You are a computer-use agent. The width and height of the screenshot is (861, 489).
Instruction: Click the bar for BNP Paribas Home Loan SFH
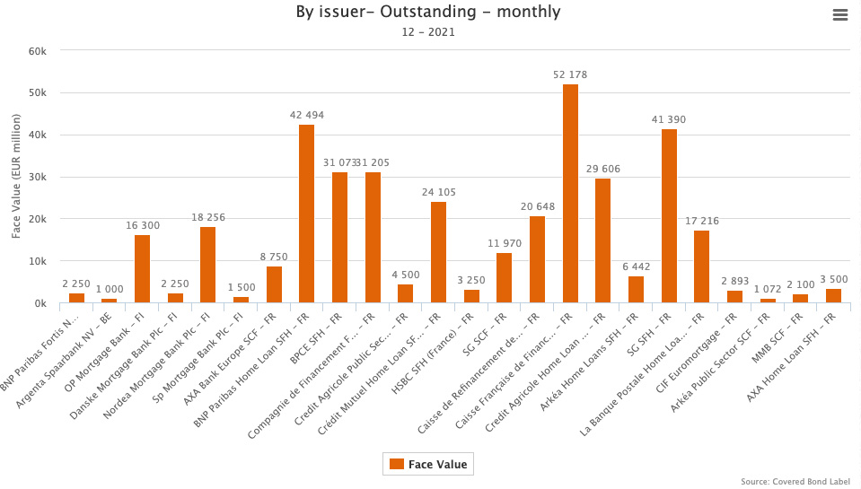click(x=306, y=214)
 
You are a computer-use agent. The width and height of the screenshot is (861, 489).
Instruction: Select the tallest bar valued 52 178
click(x=570, y=194)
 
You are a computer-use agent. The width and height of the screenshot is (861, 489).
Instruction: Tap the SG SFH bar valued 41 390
click(x=669, y=216)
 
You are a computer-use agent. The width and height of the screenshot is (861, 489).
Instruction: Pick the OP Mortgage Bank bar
click(x=142, y=269)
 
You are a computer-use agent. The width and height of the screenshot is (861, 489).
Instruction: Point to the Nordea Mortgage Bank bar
click(x=207, y=266)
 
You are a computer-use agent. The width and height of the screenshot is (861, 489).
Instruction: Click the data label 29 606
click(x=602, y=169)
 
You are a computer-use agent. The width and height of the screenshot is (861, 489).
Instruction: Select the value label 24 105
click(x=438, y=192)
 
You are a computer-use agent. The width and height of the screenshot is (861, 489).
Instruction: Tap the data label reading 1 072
click(x=768, y=289)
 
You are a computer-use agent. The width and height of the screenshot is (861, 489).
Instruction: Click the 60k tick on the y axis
click(x=37, y=51)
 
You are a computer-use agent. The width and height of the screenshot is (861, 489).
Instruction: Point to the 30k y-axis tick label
click(x=37, y=177)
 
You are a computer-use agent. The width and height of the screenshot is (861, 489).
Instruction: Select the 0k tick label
click(x=40, y=303)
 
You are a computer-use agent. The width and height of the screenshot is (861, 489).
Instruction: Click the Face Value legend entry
click(x=427, y=464)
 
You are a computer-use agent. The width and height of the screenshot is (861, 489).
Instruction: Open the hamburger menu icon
click(x=840, y=14)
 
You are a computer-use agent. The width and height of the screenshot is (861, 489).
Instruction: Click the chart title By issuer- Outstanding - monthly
click(x=428, y=12)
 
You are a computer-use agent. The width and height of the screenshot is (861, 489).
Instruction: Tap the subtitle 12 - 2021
click(x=428, y=32)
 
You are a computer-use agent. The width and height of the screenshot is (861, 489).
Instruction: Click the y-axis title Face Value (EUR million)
click(x=16, y=177)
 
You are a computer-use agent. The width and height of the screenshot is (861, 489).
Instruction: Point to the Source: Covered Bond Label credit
click(x=795, y=482)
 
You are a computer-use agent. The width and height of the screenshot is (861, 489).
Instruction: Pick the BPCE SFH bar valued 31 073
click(x=339, y=238)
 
